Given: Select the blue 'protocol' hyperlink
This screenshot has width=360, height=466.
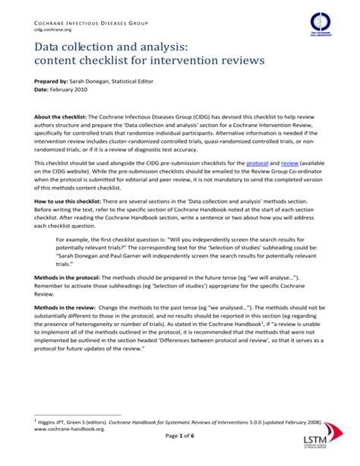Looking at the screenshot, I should pos(258,163).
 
